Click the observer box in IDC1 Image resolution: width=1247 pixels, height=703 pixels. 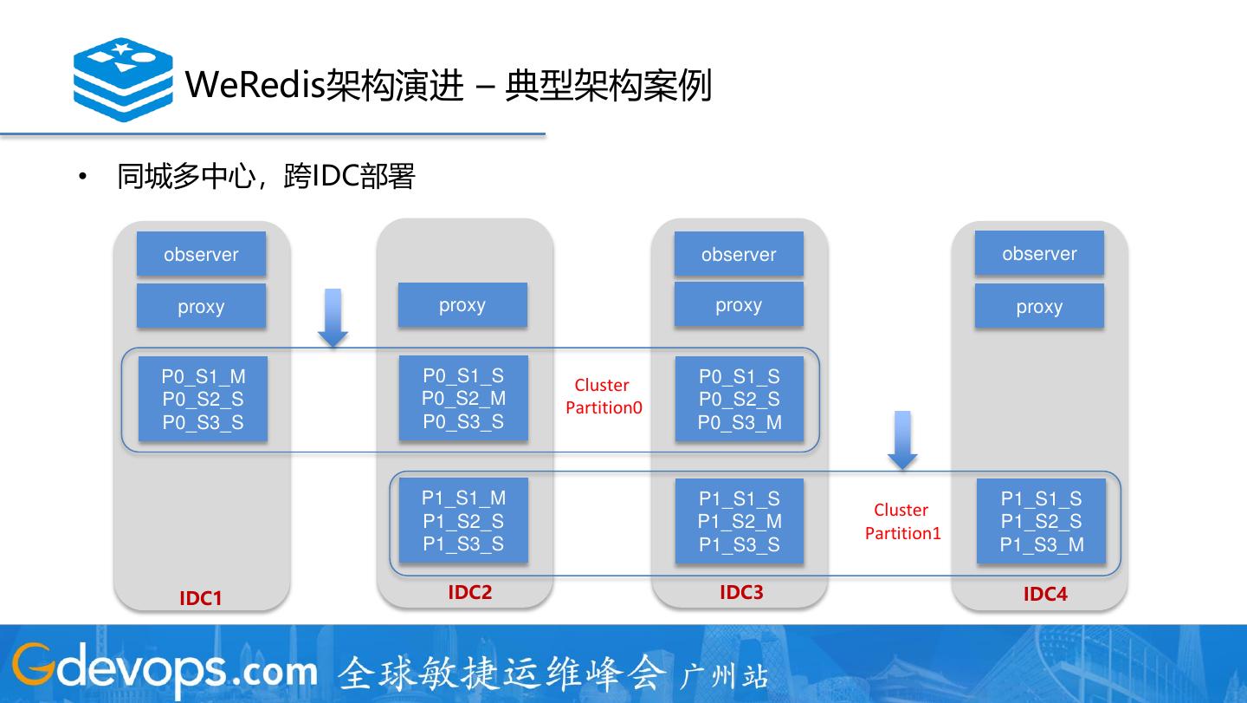201,254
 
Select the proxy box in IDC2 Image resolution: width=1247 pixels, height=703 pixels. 462,305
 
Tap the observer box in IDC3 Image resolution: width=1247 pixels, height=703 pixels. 739,254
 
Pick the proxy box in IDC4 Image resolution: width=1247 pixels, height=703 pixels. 1039,307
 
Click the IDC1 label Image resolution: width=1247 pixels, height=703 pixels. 201,598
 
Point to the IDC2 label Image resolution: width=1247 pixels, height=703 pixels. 470,592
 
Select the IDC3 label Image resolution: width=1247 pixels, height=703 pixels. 742,592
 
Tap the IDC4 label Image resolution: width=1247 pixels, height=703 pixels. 1045,594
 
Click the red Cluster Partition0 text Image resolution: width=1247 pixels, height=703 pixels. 604,396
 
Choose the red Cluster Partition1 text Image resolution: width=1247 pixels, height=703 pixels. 902,521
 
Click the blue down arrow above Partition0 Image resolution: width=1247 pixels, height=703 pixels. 333,317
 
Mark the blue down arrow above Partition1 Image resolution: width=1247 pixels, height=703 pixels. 902,440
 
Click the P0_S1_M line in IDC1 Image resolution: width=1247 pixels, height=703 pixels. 203,376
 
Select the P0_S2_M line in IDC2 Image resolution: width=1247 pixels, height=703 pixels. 463,399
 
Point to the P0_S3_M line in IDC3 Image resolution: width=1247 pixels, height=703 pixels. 740,423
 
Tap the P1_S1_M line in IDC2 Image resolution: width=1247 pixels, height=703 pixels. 463,498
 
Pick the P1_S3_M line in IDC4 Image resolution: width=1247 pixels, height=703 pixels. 1042,545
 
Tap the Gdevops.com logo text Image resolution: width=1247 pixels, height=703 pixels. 165,670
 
